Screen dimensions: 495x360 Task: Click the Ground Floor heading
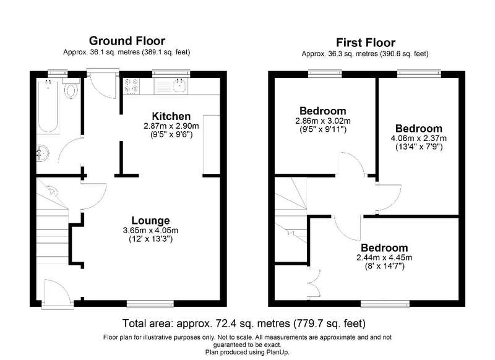pos(127,41)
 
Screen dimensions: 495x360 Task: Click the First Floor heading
pos(365,43)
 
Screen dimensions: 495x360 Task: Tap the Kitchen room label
pos(171,116)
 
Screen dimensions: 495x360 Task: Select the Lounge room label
pos(150,221)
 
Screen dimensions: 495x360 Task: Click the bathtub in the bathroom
pos(48,108)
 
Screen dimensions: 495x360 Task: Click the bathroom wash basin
pos(43,153)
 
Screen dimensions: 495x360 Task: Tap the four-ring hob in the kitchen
pos(131,86)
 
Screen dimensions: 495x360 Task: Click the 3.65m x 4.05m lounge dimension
pos(150,230)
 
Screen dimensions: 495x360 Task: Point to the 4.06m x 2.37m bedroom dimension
pos(419,138)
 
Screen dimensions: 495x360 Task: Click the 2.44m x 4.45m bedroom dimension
pos(384,258)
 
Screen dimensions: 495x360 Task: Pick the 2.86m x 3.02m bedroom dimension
pos(322,121)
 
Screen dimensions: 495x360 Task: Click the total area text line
pos(244,324)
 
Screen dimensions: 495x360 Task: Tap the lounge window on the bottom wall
pos(150,304)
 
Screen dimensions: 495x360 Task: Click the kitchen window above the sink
pos(171,73)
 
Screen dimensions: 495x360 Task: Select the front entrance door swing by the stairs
pos(58,293)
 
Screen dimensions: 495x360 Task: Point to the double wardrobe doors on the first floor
pos(314,284)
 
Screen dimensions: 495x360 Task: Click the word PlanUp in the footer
pos(277,352)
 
